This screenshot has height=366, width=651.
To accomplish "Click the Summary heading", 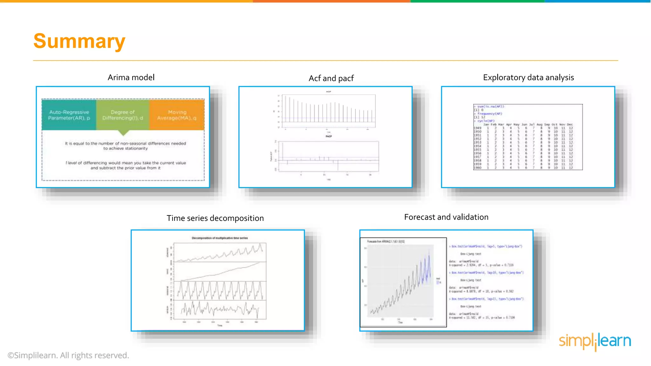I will coord(79,41).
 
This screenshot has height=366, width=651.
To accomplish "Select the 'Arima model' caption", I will coord(131,78).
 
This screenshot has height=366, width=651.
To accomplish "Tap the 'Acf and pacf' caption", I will coord(331,78).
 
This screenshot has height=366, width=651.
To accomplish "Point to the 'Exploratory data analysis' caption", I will coord(528,78).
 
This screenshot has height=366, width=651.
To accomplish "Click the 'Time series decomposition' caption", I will coord(215,218).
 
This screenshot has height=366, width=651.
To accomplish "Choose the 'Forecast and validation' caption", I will coord(446,217).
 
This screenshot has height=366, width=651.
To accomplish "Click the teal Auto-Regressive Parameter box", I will coord(69,115).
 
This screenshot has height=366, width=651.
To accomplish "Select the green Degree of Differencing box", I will coord(123,115).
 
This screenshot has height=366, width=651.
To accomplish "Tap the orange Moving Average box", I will coord(177,115).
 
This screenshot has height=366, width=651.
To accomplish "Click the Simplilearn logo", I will coord(595,341).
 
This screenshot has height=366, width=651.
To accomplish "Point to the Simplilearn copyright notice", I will coord(68,356).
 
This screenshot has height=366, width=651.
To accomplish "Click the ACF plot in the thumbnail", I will coord(329,111).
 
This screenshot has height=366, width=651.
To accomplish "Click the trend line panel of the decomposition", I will coord(220,272).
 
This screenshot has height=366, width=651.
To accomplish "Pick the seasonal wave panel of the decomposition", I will coord(220,291).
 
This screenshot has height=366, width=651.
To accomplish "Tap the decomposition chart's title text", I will coord(220,238).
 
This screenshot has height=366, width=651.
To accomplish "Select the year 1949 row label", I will coord(477,128).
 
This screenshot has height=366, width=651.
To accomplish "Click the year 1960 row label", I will coord(477,168).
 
